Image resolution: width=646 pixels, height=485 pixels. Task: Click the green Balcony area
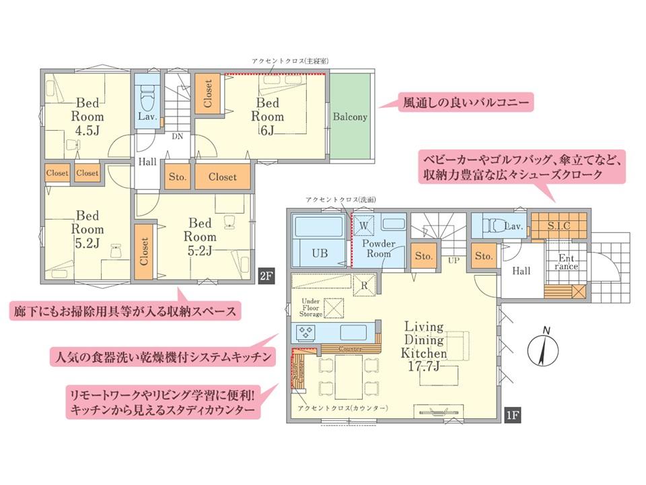pos(350,117)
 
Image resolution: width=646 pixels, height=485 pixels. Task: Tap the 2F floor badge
pos(266,275)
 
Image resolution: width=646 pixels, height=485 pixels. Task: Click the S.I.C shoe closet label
pos(559,226)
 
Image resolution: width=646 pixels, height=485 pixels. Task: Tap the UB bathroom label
pos(320,253)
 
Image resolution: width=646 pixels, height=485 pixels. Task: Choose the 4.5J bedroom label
pos(87,117)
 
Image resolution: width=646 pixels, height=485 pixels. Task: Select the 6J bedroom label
pos(267,117)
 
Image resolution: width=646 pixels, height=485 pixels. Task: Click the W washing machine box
pos(363,226)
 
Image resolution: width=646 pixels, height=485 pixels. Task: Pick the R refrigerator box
pos(364,286)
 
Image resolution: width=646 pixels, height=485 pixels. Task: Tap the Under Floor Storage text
pos(311,308)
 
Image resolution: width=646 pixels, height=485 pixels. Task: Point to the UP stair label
pos(454,261)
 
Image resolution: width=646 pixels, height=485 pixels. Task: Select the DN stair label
pos(178,137)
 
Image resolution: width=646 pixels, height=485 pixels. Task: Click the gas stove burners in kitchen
pos(306,332)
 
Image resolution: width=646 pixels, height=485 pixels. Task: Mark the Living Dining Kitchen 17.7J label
pos(424,346)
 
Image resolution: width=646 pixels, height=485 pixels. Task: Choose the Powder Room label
pos(379,249)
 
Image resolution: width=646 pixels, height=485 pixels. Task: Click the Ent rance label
pos(566,262)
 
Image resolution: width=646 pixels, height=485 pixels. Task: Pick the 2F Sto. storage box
pos(178,177)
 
